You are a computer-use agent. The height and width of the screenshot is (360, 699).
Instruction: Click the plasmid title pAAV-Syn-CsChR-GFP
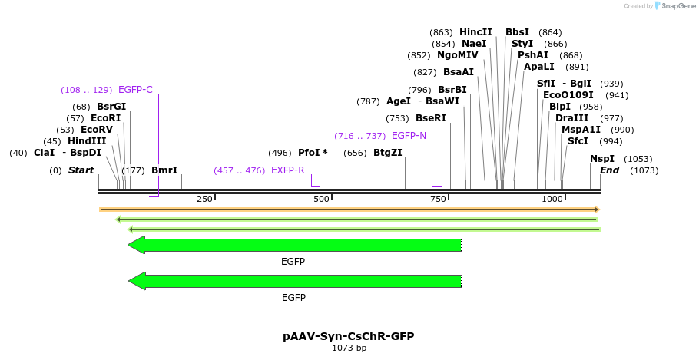[x=349, y=336]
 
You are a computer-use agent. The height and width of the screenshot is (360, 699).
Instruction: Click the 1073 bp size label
[x=349, y=348]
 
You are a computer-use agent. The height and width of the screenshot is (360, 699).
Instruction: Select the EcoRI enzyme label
[x=105, y=118]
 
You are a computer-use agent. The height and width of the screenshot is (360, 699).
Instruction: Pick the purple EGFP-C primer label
[x=135, y=90]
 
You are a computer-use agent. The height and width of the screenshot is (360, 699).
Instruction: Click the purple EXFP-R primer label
[x=287, y=170]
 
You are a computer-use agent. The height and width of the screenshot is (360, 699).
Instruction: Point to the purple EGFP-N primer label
[x=409, y=136]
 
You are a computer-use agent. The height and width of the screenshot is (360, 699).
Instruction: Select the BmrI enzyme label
[x=164, y=170]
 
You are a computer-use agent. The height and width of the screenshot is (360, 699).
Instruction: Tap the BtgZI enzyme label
[x=387, y=153]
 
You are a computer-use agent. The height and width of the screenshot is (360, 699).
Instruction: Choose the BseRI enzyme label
[x=430, y=118]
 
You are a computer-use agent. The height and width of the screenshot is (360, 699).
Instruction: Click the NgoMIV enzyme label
[x=457, y=55]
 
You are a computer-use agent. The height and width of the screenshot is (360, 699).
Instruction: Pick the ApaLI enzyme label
[x=539, y=67]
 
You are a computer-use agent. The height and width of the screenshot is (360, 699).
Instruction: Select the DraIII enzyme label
[x=571, y=118]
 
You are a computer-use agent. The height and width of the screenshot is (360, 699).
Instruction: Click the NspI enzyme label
[x=602, y=159]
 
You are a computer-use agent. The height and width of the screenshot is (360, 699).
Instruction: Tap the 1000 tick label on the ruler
[x=552, y=199]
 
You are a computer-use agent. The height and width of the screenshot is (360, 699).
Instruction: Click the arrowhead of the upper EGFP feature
[x=137, y=245]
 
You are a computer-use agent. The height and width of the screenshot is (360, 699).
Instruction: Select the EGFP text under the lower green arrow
[x=293, y=298]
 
